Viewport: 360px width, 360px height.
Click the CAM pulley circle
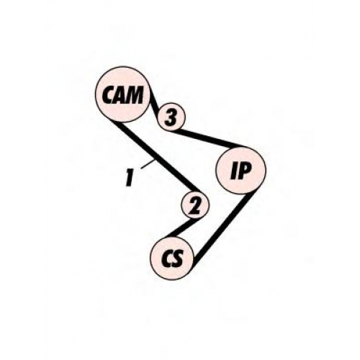pos(122,94)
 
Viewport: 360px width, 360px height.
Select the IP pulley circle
pos(240,170)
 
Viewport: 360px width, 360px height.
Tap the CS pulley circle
pos(172,258)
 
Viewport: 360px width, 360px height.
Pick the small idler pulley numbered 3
pos(171,117)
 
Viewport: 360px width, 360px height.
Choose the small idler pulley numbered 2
pos(195,205)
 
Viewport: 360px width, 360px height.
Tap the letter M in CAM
pos(134,95)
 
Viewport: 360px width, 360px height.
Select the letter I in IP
pos(234,171)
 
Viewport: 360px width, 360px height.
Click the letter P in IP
pos(245,171)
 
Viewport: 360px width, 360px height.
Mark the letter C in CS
pos(167,259)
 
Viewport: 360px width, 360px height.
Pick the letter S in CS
pos(179,259)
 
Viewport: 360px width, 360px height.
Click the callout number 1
pos(130,178)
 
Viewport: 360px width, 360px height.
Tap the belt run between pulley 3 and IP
pos(207,138)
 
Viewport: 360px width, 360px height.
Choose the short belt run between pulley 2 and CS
pos(183,228)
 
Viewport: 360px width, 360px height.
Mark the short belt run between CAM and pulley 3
pos(154,103)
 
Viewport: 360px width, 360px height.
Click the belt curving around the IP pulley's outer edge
pos(266,170)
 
